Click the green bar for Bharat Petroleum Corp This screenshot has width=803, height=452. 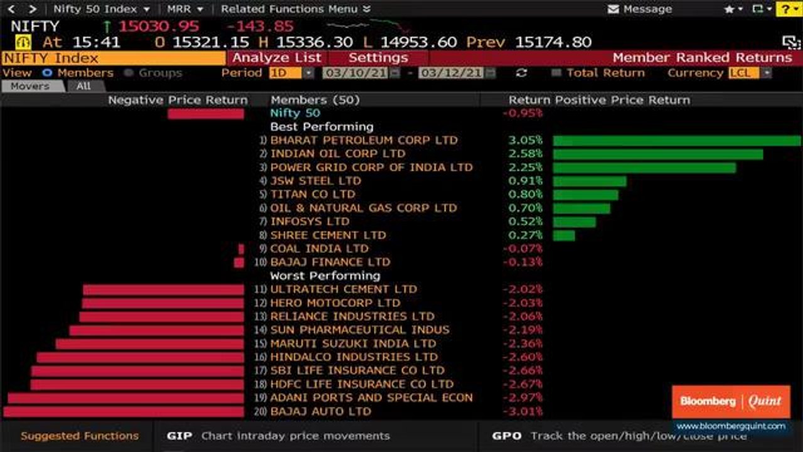coord(676,141)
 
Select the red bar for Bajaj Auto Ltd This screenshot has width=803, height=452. coord(124,412)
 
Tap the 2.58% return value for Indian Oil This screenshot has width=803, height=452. coord(525,154)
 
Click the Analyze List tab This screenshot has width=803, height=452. coord(277,58)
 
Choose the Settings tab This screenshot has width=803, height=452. coord(378,58)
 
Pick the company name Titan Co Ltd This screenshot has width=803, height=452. coord(312,195)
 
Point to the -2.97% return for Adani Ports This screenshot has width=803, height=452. coord(523,398)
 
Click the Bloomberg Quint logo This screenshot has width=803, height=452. coord(731,402)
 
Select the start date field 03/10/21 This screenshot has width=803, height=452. coord(355,73)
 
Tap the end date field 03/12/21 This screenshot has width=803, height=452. coord(451,73)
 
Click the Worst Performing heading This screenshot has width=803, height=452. coord(325,276)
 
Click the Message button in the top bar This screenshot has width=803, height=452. coord(640,9)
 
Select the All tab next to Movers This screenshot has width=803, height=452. coord(83,86)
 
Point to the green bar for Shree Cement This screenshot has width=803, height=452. coord(564,235)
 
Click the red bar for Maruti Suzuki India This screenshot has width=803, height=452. coord(149,344)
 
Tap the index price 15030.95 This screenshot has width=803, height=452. coord(159,26)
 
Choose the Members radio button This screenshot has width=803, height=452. coord(47,73)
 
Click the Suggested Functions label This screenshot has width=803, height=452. coord(80,436)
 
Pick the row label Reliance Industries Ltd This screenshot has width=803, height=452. coord(352,316)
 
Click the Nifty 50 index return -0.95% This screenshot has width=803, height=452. coord(523,114)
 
